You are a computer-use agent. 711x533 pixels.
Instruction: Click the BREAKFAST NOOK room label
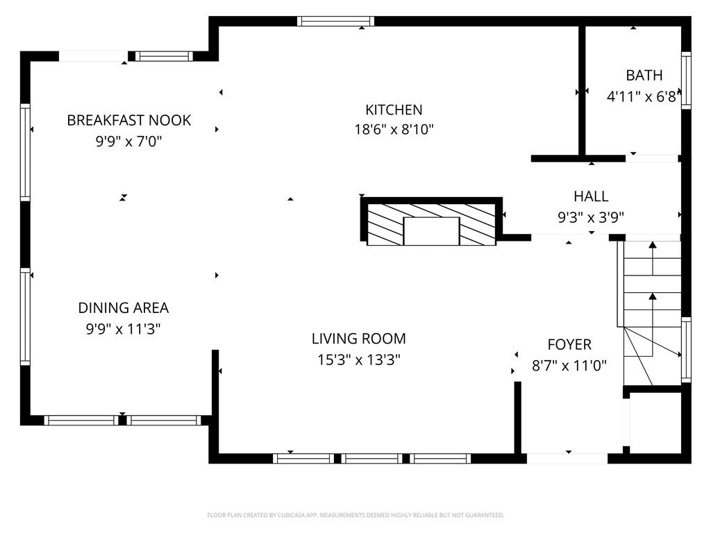[x=128, y=120]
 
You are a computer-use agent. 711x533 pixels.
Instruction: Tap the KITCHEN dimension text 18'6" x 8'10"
[x=394, y=130]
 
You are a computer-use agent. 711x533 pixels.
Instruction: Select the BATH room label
[x=644, y=76]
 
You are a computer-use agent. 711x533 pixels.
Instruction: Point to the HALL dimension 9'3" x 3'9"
[x=591, y=217]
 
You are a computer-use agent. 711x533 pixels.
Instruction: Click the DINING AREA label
[x=123, y=307]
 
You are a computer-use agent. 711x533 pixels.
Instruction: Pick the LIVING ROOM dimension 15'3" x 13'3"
[x=358, y=359]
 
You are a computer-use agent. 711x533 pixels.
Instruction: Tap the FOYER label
[x=569, y=344]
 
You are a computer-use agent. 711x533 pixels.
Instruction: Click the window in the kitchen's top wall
[x=336, y=21]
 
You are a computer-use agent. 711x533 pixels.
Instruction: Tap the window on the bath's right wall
[x=686, y=80]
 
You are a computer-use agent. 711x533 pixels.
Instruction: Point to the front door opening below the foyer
[x=567, y=458]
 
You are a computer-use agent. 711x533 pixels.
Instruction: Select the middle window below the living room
[x=372, y=458]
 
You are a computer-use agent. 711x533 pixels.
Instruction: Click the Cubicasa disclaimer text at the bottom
[x=355, y=515]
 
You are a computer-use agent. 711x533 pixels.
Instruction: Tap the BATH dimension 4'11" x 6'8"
[x=642, y=97]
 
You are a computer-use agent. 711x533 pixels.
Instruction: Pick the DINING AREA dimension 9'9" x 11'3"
[x=123, y=329]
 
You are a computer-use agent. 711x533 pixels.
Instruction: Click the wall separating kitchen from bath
[x=582, y=90]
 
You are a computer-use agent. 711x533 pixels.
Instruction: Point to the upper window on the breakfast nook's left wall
[x=26, y=151]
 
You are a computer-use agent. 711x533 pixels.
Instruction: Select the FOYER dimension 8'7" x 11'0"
[x=569, y=366]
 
